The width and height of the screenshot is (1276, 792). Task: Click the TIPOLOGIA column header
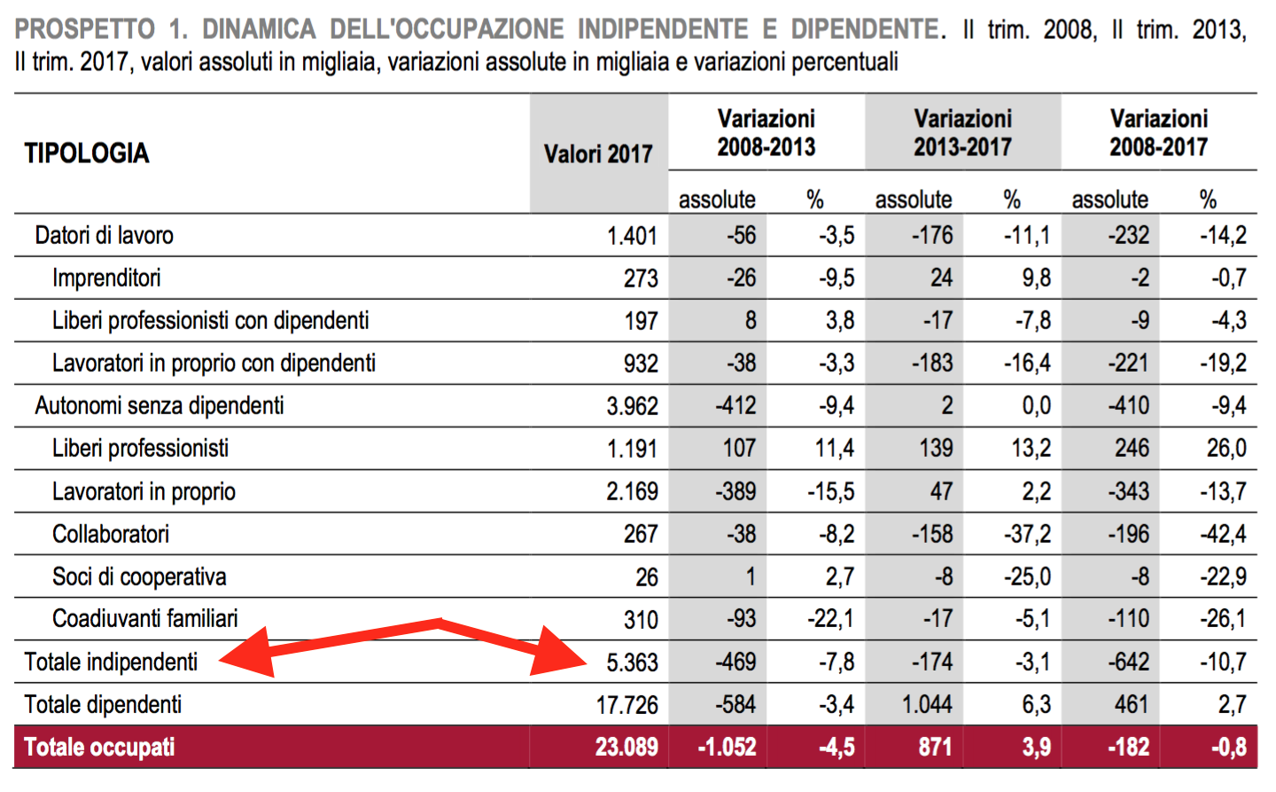pos(87,153)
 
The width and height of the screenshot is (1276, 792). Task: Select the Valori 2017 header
pos(598,154)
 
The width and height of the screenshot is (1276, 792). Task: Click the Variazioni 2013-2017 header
pos(962,133)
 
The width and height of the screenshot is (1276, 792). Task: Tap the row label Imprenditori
pos(106,278)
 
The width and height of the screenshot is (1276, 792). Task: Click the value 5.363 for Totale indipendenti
pos(632,663)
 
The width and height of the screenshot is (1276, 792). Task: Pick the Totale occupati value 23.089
pos(626,747)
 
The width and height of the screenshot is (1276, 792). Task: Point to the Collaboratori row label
pos(111,535)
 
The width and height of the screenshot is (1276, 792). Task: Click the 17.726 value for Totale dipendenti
pos(626,705)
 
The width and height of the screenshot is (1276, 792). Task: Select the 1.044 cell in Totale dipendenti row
pos(927,705)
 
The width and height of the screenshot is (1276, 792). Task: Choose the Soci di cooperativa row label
pos(139,577)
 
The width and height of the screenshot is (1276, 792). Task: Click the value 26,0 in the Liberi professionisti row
pos(1226,449)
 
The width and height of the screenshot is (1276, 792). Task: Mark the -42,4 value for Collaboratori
pos(1223,535)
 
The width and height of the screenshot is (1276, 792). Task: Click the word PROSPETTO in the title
pos(84,29)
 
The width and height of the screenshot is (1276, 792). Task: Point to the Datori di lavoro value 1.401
pos(632,236)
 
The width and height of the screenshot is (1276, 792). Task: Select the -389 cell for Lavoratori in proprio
pos(735,491)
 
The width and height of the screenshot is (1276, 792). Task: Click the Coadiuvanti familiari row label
pos(145,619)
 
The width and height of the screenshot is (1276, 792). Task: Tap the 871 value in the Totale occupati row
pos(935,747)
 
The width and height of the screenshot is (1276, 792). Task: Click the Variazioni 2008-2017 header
pos(1158,133)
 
